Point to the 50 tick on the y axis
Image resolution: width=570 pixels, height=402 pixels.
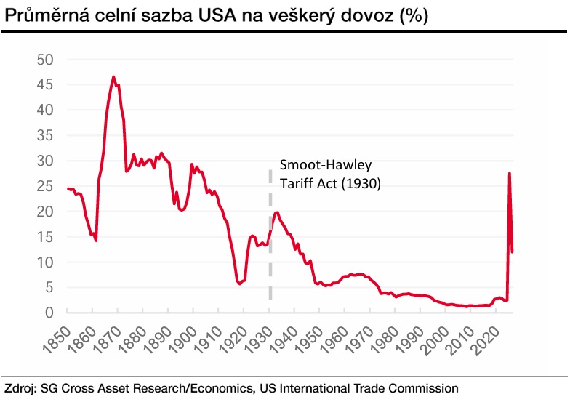[45, 59]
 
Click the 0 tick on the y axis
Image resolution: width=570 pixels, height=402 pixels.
[49, 313]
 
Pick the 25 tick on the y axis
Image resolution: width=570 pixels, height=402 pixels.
[45, 186]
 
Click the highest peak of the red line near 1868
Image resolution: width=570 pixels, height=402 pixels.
[113, 76]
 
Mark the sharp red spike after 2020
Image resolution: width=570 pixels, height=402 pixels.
[509, 174]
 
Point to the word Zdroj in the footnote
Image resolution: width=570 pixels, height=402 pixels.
[20, 387]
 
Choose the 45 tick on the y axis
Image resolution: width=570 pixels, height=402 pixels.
[45, 84]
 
